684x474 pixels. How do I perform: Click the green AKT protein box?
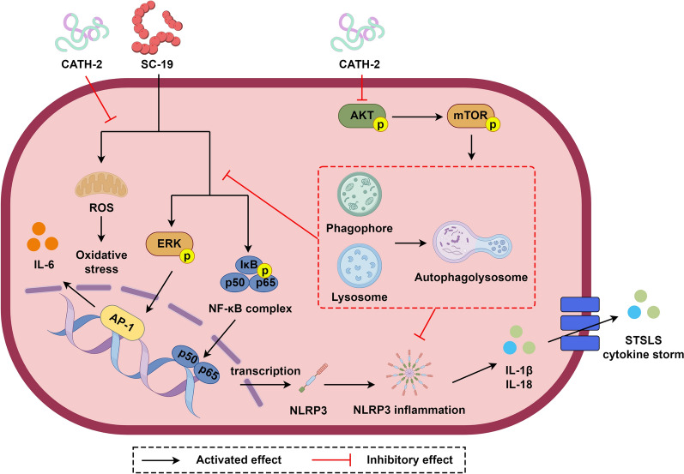coord(361,117)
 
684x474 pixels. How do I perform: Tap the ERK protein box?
coord(169,244)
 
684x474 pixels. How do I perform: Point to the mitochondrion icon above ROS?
coord(101,186)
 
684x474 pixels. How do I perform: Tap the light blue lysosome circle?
coord(360,265)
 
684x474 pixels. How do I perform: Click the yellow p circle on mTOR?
coord(493,125)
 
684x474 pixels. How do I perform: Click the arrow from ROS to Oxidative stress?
coord(101,229)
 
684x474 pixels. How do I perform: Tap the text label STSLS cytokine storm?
coord(643,347)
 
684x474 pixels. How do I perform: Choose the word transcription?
coord(265,371)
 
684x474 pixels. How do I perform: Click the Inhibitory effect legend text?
coord(409,459)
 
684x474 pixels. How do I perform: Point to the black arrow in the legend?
coord(161,460)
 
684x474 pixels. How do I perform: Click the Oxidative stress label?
coord(101,261)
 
